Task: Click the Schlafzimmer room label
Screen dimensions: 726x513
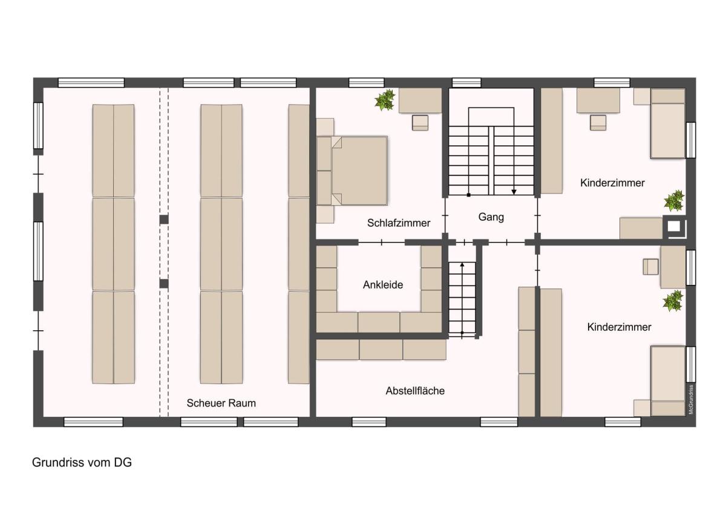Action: [x=398, y=223]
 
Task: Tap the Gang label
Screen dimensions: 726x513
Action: [x=491, y=217]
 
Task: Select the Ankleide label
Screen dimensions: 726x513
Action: [x=383, y=285]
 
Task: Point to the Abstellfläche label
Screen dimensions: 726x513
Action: [x=415, y=391]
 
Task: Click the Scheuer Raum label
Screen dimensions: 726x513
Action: [x=221, y=403]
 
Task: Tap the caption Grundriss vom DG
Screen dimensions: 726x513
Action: [x=82, y=462]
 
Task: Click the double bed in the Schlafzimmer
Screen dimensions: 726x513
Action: [x=352, y=171]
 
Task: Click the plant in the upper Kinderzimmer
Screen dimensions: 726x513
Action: [x=674, y=200]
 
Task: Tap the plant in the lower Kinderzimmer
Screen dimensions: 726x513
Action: [x=673, y=301]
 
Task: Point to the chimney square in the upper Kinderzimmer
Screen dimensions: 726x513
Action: [x=674, y=226]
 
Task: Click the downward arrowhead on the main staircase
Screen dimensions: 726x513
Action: [x=514, y=192]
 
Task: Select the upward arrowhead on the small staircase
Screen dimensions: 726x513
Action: [x=462, y=265]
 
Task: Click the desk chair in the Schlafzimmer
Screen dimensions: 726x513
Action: [x=420, y=123]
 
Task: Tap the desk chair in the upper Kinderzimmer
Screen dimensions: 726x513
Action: [x=598, y=123]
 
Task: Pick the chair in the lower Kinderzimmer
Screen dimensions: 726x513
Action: [x=650, y=267]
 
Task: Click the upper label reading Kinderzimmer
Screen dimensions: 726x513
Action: [x=612, y=183]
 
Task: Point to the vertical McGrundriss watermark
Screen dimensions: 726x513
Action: [x=691, y=399]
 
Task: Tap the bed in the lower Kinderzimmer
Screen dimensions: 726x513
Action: [x=668, y=381]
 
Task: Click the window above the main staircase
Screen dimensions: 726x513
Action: [x=466, y=83]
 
